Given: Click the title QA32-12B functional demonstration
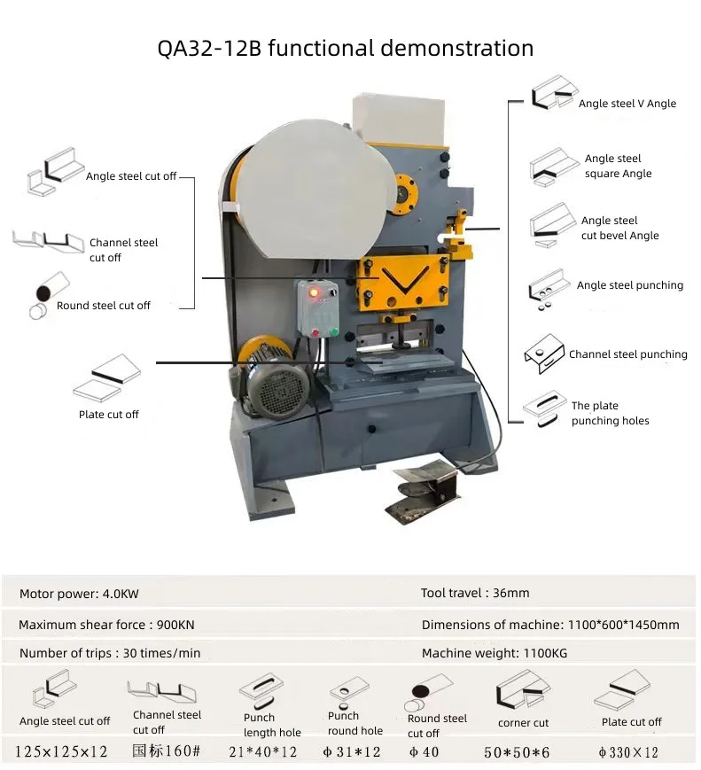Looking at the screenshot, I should tap(346, 48).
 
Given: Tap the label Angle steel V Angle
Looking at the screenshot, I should tap(627, 104).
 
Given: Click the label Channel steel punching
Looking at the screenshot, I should tap(627, 354).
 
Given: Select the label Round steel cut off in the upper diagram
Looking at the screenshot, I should tap(104, 306).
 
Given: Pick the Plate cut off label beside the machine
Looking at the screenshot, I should tap(109, 415).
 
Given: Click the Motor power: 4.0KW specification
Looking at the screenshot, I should tap(79, 594).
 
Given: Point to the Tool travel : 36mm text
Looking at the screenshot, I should tap(475, 593).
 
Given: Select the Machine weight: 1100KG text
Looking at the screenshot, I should tap(494, 653).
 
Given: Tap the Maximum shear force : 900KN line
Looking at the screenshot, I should tap(106, 625).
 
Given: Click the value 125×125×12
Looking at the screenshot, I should tap(61, 752).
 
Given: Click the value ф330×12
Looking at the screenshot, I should tap(628, 752).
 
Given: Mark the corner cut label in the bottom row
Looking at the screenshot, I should tap(523, 723).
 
